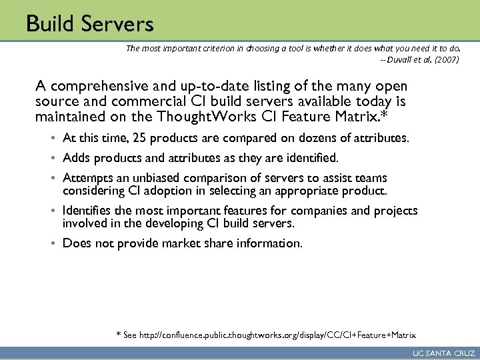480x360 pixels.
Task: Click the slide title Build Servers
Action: click(x=90, y=25)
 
